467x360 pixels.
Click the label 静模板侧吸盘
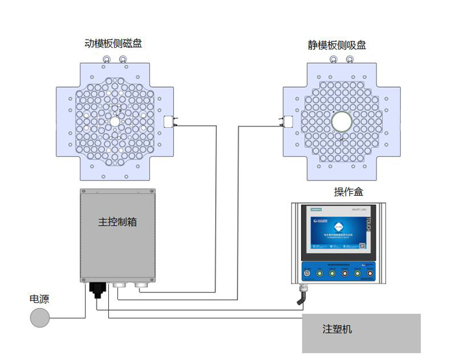coord(337,45)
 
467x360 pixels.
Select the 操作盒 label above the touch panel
coord(348,191)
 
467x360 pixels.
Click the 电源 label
coord(40,299)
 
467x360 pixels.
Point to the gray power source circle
coord(40,318)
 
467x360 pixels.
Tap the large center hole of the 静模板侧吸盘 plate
coord(341,121)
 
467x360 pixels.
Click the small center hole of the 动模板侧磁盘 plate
coord(115,121)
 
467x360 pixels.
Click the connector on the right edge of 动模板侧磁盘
coord(169,121)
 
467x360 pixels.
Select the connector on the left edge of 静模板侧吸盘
coord(288,121)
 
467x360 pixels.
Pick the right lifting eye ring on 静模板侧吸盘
coord(350,60)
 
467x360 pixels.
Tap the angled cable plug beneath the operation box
coord(301,298)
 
